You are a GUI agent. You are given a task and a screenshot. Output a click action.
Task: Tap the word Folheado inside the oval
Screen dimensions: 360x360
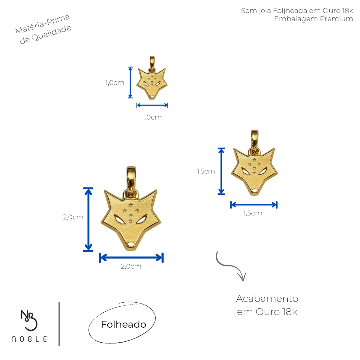point(123,325)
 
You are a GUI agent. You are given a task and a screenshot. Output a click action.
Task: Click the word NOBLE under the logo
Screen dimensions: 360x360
point(29,339)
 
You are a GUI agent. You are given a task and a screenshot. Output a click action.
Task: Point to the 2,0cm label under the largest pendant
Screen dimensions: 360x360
point(131,266)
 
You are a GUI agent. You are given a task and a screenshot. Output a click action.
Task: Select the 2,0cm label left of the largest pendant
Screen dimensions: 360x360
point(73,217)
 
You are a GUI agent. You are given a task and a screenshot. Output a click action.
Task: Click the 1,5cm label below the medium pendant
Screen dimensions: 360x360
point(253,213)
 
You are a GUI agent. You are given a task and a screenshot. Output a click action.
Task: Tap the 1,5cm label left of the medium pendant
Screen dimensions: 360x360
point(206,171)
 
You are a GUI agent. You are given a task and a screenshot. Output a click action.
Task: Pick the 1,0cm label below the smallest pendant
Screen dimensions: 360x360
point(152,117)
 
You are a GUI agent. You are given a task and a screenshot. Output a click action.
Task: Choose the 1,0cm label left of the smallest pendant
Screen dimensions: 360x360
point(115,82)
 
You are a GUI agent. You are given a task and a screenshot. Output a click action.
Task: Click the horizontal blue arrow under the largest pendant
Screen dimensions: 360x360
point(131,258)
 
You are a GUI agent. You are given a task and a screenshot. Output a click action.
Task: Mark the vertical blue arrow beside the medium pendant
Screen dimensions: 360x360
point(221,171)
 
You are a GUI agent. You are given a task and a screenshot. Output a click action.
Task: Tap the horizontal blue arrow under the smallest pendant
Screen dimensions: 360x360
point(152,105)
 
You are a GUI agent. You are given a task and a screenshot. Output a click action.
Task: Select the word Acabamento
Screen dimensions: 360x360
point(267,298)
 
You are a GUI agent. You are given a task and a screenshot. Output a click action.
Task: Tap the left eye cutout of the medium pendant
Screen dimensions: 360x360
point(245,171)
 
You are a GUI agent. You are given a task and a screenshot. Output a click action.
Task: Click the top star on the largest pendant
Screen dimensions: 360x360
point(131,205)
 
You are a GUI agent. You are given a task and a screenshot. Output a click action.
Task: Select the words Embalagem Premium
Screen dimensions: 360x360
point(313,19)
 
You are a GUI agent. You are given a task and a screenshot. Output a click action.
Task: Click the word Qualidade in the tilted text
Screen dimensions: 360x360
point(51,33)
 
